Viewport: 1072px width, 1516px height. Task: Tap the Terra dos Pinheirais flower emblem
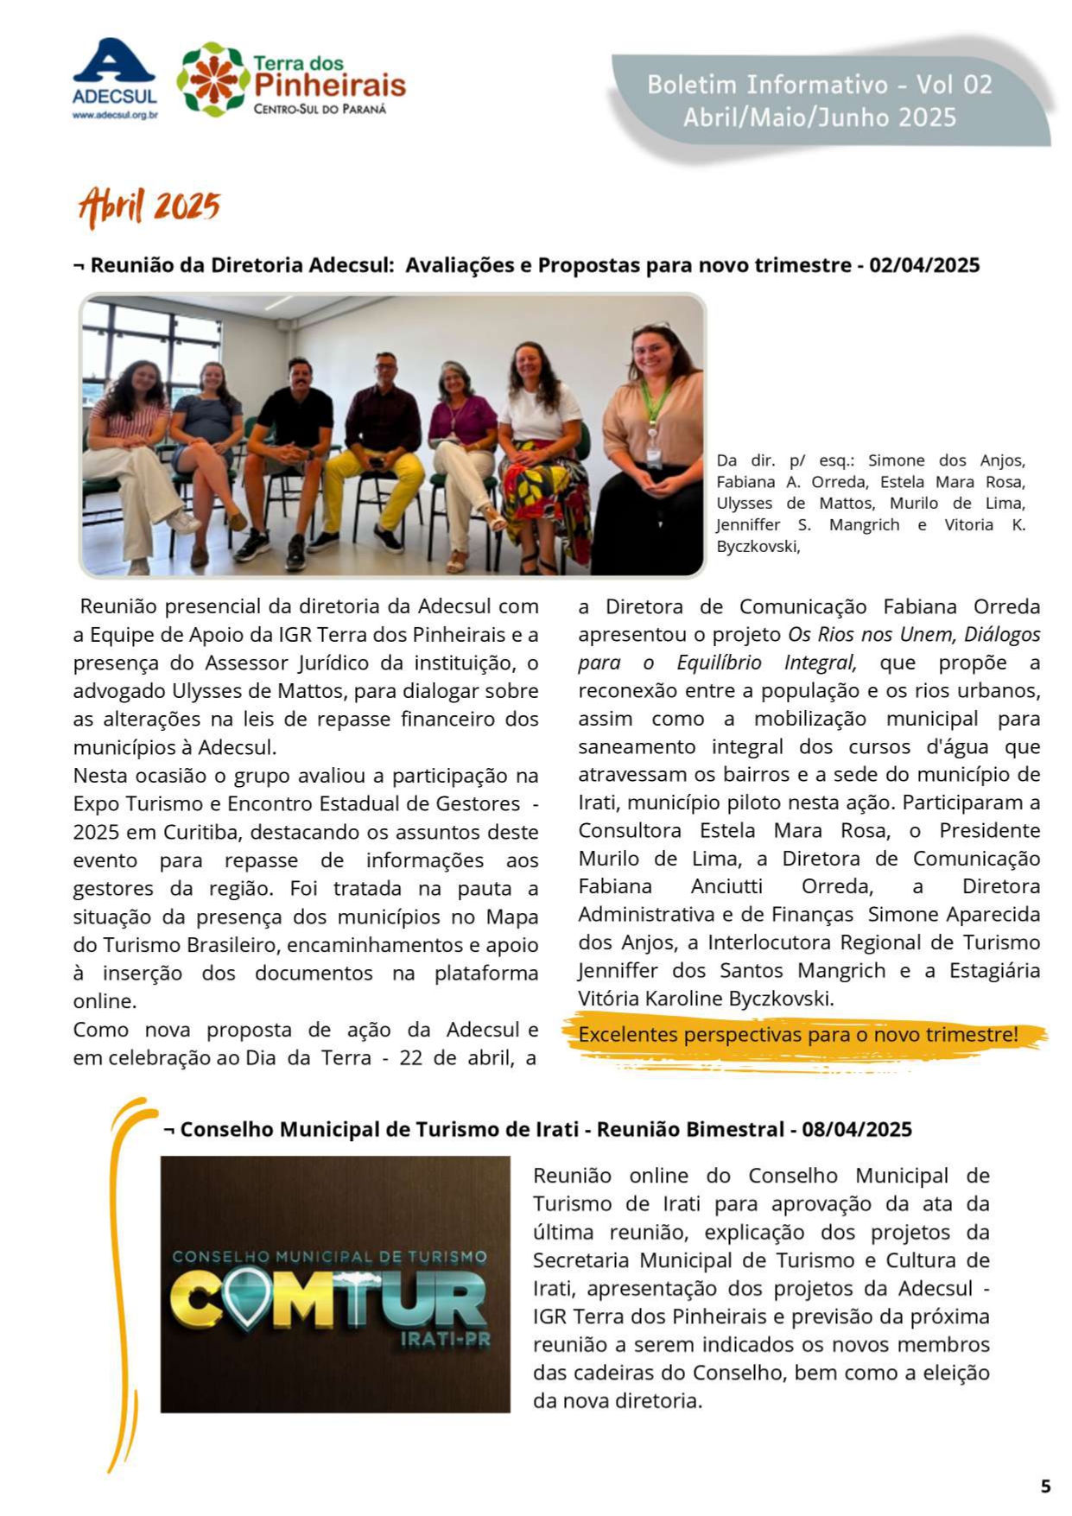pos(212,79)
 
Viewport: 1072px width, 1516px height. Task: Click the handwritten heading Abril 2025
pos(149,206)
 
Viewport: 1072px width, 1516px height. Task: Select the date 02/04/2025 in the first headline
pos(924,264)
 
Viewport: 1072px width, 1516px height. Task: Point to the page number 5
pos(1045,1486)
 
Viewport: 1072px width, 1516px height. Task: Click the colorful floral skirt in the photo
pos(543,492)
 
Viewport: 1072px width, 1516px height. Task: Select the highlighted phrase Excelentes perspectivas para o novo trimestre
pos(798,1034)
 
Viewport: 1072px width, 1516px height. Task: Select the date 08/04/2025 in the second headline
pos(856,1129)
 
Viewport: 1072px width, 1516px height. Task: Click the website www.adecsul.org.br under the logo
pos(114,114)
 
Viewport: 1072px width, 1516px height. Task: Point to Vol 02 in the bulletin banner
pos(954,85)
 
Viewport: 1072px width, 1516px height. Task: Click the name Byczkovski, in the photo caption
pos(758,546)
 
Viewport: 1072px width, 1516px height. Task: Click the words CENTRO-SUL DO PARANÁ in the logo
pos(320,109)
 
